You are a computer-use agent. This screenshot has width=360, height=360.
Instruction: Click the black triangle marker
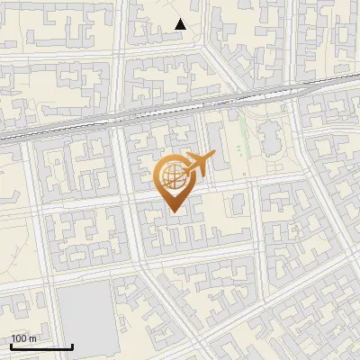tap(181, 24)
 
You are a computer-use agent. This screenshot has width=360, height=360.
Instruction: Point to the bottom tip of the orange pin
tap(173, 212)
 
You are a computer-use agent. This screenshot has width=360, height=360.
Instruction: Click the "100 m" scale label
tap(23, 338)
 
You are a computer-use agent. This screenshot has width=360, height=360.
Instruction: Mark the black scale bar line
tap(41, 346)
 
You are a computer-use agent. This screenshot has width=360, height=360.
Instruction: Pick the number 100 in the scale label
tap(19, 338)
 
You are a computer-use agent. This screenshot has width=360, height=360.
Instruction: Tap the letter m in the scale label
tap(33, 338)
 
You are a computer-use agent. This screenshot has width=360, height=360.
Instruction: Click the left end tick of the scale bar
tap(11, 344)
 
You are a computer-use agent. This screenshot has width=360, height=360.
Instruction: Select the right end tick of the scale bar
tap(72, 344)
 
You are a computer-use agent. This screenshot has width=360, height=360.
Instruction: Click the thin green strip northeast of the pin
tap(241, 135)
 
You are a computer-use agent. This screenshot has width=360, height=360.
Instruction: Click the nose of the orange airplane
tap(214, 158)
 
